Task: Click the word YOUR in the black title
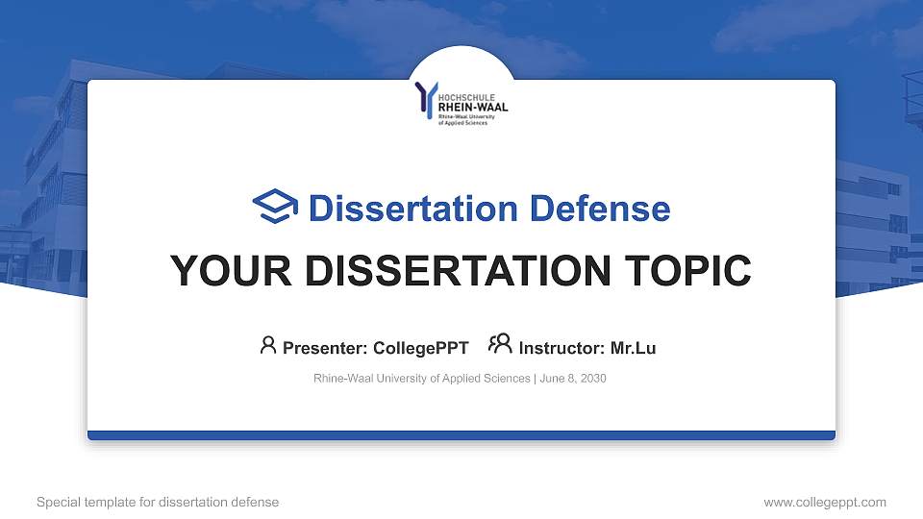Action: pos(227,271)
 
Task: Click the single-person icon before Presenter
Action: pos(268,345)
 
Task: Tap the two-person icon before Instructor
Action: pos(500,344)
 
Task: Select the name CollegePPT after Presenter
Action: pos(422,348)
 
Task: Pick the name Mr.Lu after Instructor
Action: pos(633,348)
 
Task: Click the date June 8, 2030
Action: pos(573,379)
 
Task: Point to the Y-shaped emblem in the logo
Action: pos(425,100)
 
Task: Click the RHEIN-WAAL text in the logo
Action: pos(473,107)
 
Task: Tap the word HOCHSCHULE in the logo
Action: pos(467,96)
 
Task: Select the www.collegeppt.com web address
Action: pos(824,502)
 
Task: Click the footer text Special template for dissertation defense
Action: pos(158,502)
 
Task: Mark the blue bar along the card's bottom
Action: pos(461,435)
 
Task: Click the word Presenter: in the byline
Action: pos(320,348)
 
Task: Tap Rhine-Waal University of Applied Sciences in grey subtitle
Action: pos(421,379)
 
